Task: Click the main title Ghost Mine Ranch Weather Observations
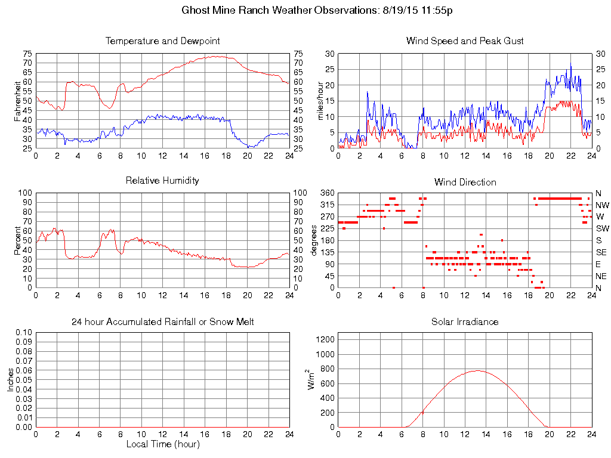click(x=317, y=11)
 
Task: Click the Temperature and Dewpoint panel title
click(x=162, y=41)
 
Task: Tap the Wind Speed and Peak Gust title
click(x=465, y=41)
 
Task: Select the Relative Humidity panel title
click(x=162, y=180)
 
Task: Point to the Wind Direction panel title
click(x=465, y=182)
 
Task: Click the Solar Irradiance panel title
click(x=465, y=322)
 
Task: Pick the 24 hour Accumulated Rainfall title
click(x=162, y=322)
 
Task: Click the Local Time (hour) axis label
click(x=162, y=444)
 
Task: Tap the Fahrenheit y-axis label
click(x=18, y=100)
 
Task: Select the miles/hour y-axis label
click(x=320, y=100)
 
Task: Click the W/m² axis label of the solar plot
click(x=311, y=379)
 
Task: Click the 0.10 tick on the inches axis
click(x=23, y=332)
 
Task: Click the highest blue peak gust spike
click(x=570, y=63)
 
